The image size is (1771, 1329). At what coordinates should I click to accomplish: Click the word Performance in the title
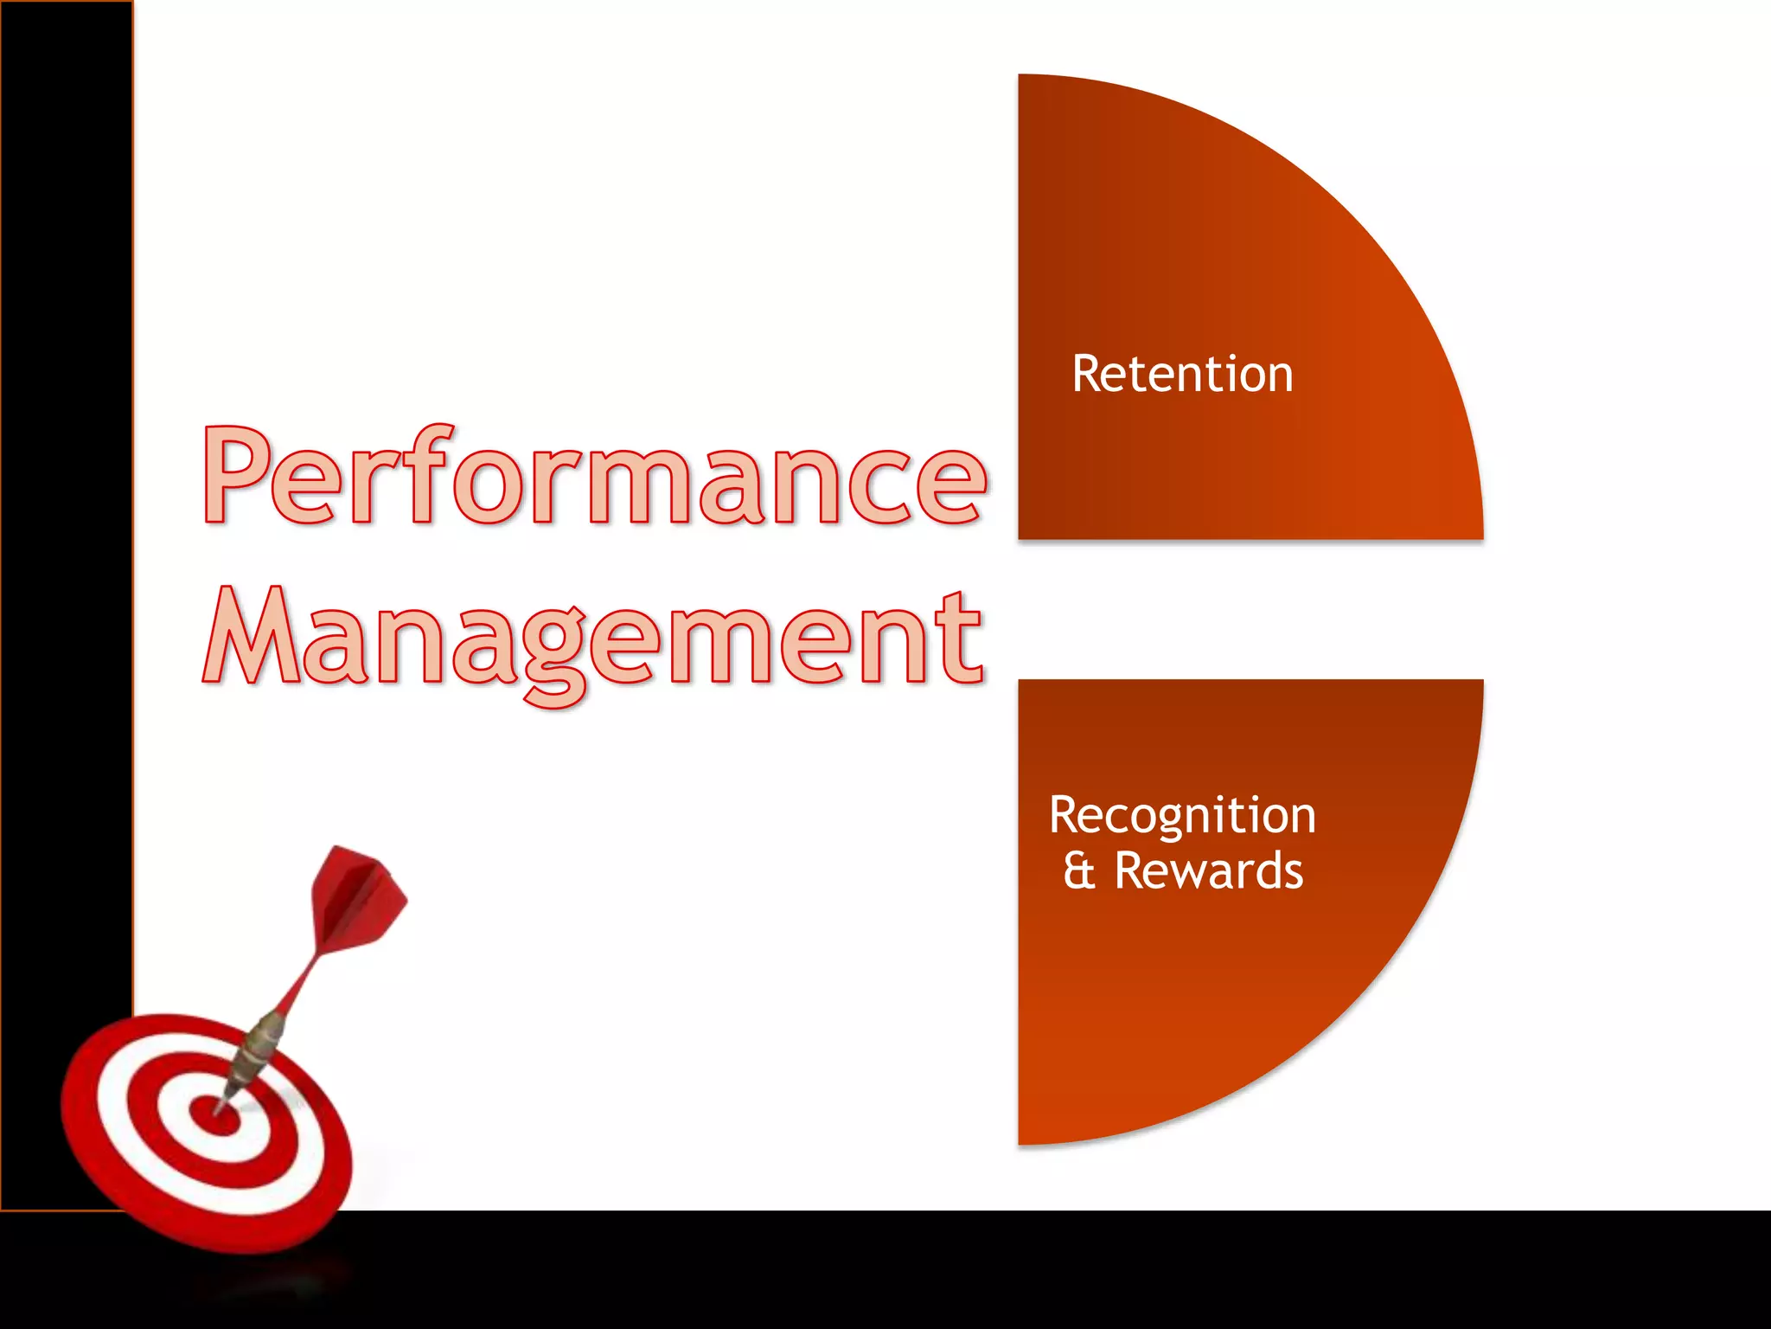(595, 476)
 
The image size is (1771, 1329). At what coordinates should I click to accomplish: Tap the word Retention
(1182, 375)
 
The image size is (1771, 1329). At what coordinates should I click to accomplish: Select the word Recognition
(1182, 816)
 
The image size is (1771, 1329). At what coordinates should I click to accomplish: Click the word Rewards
(1208, 871)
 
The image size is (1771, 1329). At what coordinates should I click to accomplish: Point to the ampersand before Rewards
(1079, 871)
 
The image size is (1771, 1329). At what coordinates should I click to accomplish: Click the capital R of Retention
(1088, 375)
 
